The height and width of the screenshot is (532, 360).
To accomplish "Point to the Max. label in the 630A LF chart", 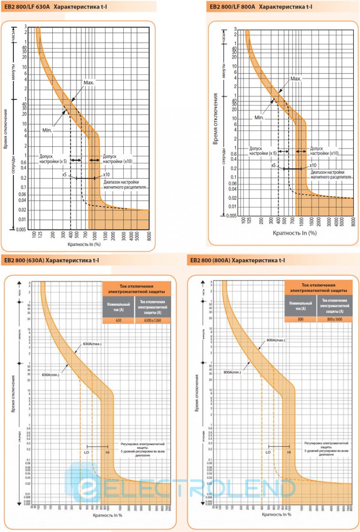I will [89, 82].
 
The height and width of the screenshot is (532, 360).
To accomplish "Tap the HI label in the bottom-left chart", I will [107, 452].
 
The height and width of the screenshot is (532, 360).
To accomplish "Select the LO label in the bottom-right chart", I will [268, 452].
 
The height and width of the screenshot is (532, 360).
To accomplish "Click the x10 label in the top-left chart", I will [106, 174].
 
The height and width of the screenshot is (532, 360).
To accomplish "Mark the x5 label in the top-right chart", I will [274, 165].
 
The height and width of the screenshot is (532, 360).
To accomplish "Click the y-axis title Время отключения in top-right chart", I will [215, 118].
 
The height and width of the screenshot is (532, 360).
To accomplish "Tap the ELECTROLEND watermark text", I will [186, 489].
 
